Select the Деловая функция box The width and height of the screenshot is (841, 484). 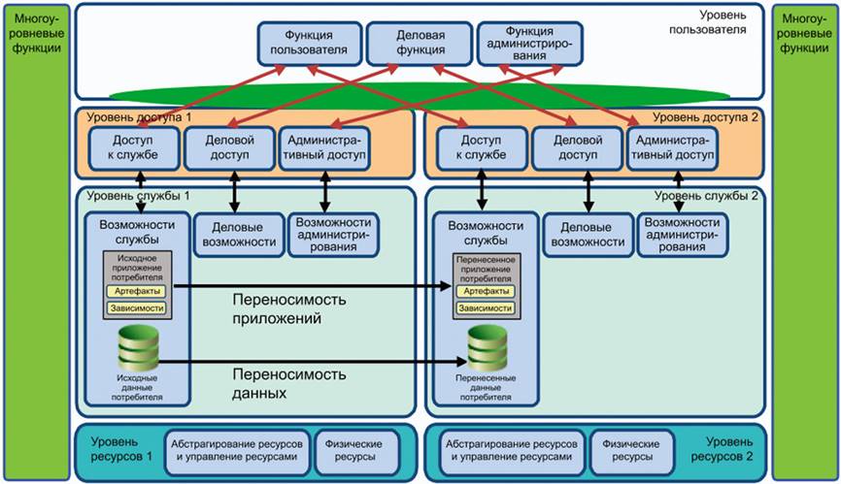[x=420, y=45]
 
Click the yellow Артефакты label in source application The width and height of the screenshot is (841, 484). [x=138, y=290]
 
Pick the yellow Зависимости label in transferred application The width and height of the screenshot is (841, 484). [x=488, y=307]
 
